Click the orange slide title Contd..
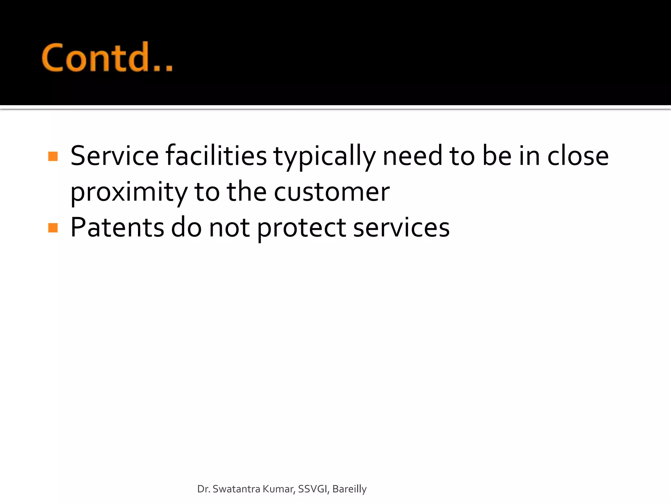click(x=107, y=58)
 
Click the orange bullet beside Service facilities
click(x=53, y=156)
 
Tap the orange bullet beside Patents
click(x=53, y=228)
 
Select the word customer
click(x=332, y=192)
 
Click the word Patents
click(x=117, y=228)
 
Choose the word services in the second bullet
click(x=401, y=228)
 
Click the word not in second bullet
click(x=229, y=228)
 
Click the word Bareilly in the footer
click(x=349, y=489)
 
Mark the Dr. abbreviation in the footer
click(x=203, y=489)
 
